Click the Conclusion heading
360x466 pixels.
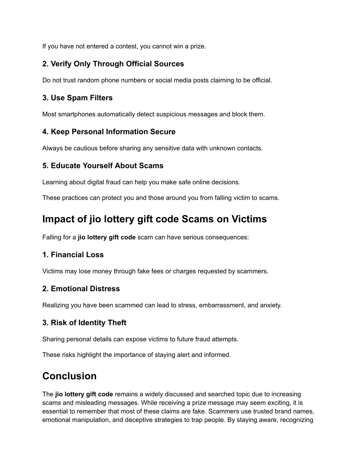click(69, 376)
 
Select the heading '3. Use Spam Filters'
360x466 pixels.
click(77, 98)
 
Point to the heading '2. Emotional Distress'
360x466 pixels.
click(81, 289)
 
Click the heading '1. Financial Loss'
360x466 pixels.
click(73, 255)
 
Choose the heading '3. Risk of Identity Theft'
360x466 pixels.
click(84, 323)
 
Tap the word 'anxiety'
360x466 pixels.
click(271, 305)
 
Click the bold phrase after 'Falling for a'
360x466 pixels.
click(107, 237)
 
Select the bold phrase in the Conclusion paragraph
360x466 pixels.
click(84, 394)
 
